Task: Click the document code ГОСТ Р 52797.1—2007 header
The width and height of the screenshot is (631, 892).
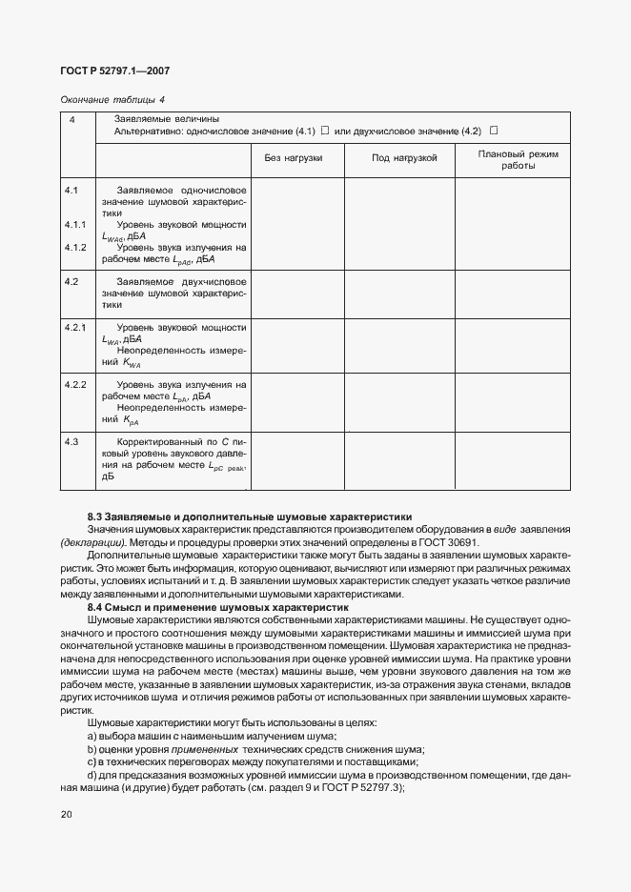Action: [x=115, y=71]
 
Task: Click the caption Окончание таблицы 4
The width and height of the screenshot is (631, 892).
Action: [x=112, y=99]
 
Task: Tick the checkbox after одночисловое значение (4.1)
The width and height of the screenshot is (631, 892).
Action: [x=325, y=131]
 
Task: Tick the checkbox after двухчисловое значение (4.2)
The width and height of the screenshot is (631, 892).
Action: [x=494, y=131]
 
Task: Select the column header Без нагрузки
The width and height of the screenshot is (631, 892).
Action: [x=293, y=157]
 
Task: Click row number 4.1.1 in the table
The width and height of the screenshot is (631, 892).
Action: [x=75, y=225]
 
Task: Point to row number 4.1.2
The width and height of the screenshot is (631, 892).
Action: [x=75, y=248]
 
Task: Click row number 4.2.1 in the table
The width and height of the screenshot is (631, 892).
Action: [x=75, y=328]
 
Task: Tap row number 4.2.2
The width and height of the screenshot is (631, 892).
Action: [x=75, y=385]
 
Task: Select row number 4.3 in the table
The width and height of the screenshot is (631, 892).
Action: [x=71, y=442]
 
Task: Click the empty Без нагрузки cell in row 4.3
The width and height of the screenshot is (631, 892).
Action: [x=296, y=461]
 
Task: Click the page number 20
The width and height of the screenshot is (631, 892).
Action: [x=65, y=814]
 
